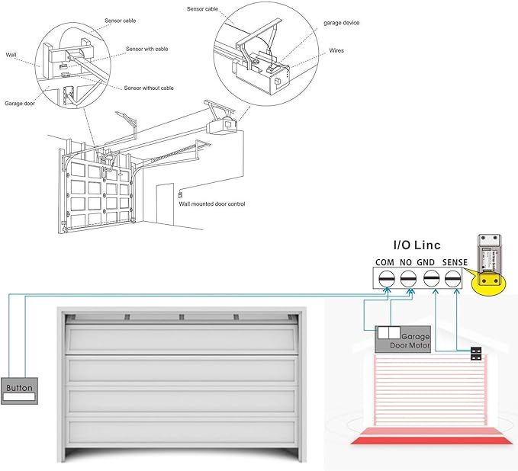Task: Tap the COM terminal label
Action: coord(385,262)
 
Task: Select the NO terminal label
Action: coord(407,262)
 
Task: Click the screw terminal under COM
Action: coord(386,279)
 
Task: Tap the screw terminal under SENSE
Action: coord(454,279)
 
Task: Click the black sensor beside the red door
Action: coord(477,354)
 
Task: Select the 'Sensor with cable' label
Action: coord(147,49)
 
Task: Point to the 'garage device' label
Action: coord(341,23)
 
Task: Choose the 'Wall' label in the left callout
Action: coord(11,55)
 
